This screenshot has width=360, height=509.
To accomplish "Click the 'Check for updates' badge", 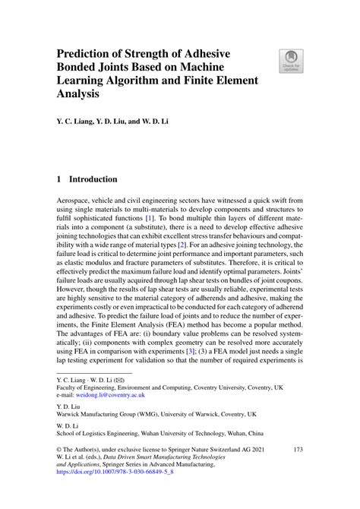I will pos(291,61).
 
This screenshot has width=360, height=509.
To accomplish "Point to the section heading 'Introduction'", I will pos(93,180).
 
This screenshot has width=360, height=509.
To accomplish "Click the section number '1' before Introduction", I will pos(59,180).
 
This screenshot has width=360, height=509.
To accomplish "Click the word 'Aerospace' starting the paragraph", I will pos(77,198).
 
